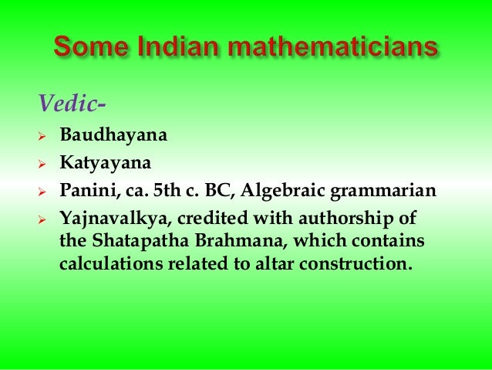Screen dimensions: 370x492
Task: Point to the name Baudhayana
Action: click(x=113, y=137)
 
